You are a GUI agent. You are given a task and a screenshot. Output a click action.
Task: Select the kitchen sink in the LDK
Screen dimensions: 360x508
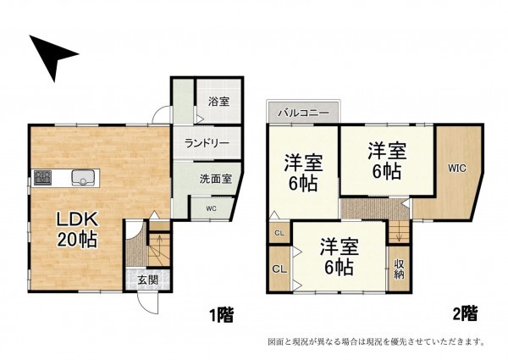83,177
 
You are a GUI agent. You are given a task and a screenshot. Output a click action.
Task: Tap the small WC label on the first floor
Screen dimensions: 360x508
210,207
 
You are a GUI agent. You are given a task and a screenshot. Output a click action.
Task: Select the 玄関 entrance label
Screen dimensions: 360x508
148,280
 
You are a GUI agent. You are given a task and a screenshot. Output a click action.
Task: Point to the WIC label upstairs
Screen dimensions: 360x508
457,168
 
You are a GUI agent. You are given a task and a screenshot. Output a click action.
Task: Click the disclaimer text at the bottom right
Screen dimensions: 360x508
375,342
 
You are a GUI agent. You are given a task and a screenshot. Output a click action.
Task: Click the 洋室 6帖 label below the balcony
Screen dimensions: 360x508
302,169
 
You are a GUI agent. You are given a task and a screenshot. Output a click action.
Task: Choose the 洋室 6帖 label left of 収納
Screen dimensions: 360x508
338,257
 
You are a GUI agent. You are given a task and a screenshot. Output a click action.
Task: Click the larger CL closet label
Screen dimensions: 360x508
278,269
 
